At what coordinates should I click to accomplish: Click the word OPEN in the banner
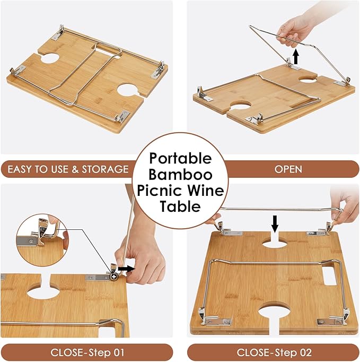(x=288, y=169)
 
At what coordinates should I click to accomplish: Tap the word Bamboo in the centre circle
(x=180, y=175)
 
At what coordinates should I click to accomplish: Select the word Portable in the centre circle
(x=180, y=158)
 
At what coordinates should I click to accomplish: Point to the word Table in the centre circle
(x=180, y=206)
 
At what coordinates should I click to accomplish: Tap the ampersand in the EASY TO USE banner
(x=75, y=169)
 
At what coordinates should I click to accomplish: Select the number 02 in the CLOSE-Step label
(x=305, y=352)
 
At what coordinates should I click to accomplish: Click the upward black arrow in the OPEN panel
(x=296, y=57)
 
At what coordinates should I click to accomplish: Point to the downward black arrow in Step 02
(x=275, y=223)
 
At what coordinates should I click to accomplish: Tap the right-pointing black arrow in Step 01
(x=126, y=269)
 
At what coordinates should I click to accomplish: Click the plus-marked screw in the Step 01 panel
(x=114, y=277)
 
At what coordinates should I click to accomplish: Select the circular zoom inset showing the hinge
(x=42, y=240)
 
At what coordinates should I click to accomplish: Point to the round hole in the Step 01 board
(x=43, y=292)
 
